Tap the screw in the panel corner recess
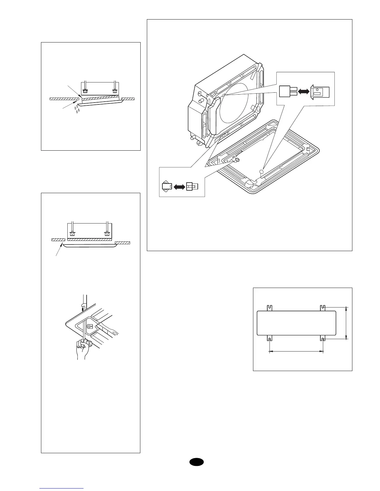89,326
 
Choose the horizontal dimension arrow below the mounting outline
296,352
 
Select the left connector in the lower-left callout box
167,186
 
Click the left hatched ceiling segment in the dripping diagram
64,99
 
